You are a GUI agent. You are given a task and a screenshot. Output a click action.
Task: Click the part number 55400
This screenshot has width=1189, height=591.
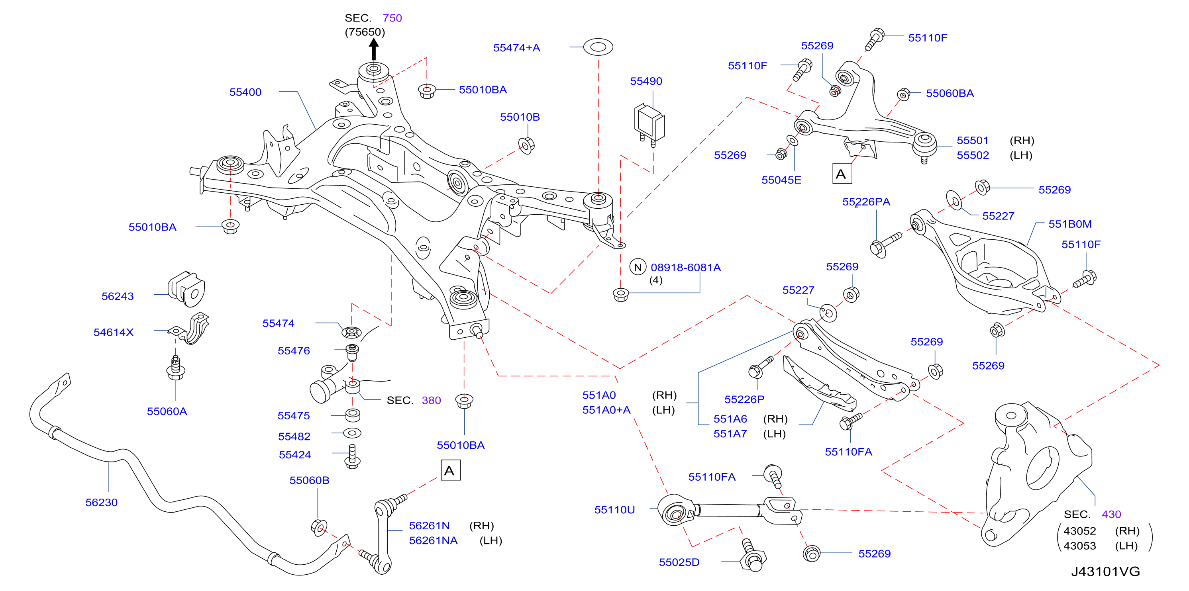tap(245, 92)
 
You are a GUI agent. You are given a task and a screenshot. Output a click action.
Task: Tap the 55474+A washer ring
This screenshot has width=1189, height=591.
tap(598, 47)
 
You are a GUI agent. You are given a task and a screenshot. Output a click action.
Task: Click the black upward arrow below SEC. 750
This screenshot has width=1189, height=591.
tap(374, 49)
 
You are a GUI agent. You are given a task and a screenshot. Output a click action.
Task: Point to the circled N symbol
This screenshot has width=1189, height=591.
tap(638, 267)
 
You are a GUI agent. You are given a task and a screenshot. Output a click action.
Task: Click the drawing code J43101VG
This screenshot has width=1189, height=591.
tap(1105, 571)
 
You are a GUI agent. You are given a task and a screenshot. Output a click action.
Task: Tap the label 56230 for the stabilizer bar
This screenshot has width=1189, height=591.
tap(102, 503)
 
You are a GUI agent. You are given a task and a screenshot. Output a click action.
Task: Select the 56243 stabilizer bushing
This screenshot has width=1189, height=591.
tap(186, 289)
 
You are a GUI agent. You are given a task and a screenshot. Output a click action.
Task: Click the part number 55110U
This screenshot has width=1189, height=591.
tap(614, 510)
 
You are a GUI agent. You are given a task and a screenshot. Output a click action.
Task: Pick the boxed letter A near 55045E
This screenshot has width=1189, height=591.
tap(842, 174)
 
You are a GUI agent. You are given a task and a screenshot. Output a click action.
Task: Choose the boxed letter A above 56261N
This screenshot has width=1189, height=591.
tap(451, 471)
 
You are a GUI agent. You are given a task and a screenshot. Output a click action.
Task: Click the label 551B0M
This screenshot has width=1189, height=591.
tap(1070, 224)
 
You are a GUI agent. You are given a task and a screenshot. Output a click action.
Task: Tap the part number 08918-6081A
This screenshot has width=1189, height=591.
tap(685, 268)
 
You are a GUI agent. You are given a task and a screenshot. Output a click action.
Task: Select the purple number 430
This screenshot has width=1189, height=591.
tap(1111, 515)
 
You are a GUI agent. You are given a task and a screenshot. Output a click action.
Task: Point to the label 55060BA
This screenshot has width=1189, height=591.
tap(950, 93)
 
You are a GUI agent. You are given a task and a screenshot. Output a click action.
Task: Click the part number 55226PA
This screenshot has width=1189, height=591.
tap(866, 202)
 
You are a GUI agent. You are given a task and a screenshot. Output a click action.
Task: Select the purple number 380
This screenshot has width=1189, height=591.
tap(431, 401)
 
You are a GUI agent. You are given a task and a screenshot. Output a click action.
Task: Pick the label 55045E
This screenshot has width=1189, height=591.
tap(781, 180)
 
